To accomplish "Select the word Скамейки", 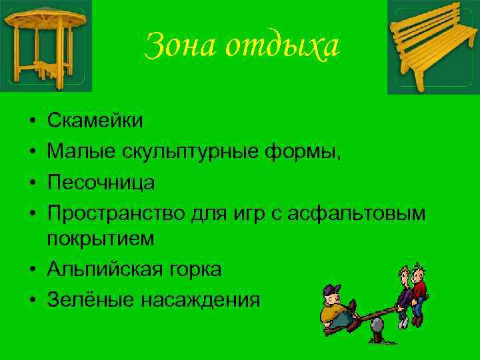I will pos(95,121).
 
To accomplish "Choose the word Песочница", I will pos(101,182).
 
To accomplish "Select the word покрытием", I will pos(101,238).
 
